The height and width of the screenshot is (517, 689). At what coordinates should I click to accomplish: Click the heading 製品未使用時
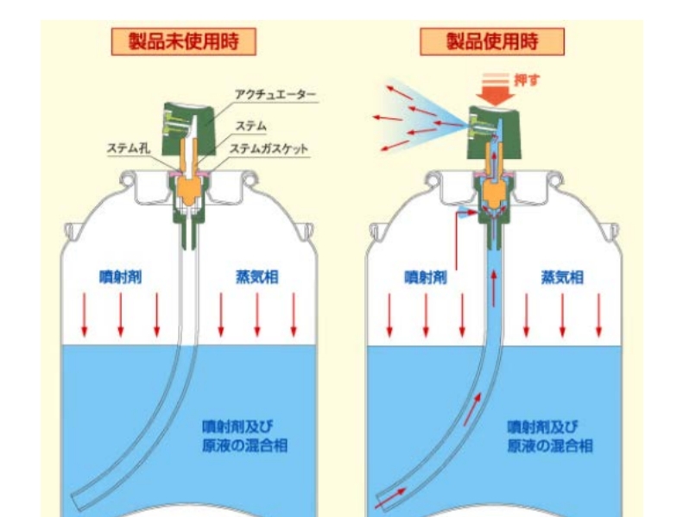(x=184, y=41)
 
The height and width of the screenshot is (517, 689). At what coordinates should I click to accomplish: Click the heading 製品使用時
(x=492, y=41)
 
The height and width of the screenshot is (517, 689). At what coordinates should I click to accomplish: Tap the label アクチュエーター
(x=275, y=94)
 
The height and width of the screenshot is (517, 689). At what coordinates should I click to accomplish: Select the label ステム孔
(x=129, y=148)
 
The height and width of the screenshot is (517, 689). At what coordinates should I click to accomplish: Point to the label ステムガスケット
(x=269, y=149)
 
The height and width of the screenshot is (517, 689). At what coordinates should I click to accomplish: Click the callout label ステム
(x=251, y=127)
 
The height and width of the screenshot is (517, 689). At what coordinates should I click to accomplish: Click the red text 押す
(x=527, y=80)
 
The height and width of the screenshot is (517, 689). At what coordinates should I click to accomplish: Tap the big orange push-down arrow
(x=496, y=90)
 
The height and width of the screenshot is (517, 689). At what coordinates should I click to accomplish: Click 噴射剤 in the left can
(x=120, y=277)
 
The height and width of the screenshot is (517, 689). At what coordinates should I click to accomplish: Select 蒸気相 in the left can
(x=257, y=277)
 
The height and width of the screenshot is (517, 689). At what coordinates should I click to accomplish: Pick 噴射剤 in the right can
(x=426, y=277)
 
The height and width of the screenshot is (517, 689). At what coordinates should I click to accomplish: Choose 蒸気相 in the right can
(x=562, y=277)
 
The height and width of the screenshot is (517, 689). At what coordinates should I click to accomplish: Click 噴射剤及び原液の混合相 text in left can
(x=244, y=436)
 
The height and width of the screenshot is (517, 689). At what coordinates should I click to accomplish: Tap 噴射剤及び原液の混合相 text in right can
(x=550, y=436)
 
